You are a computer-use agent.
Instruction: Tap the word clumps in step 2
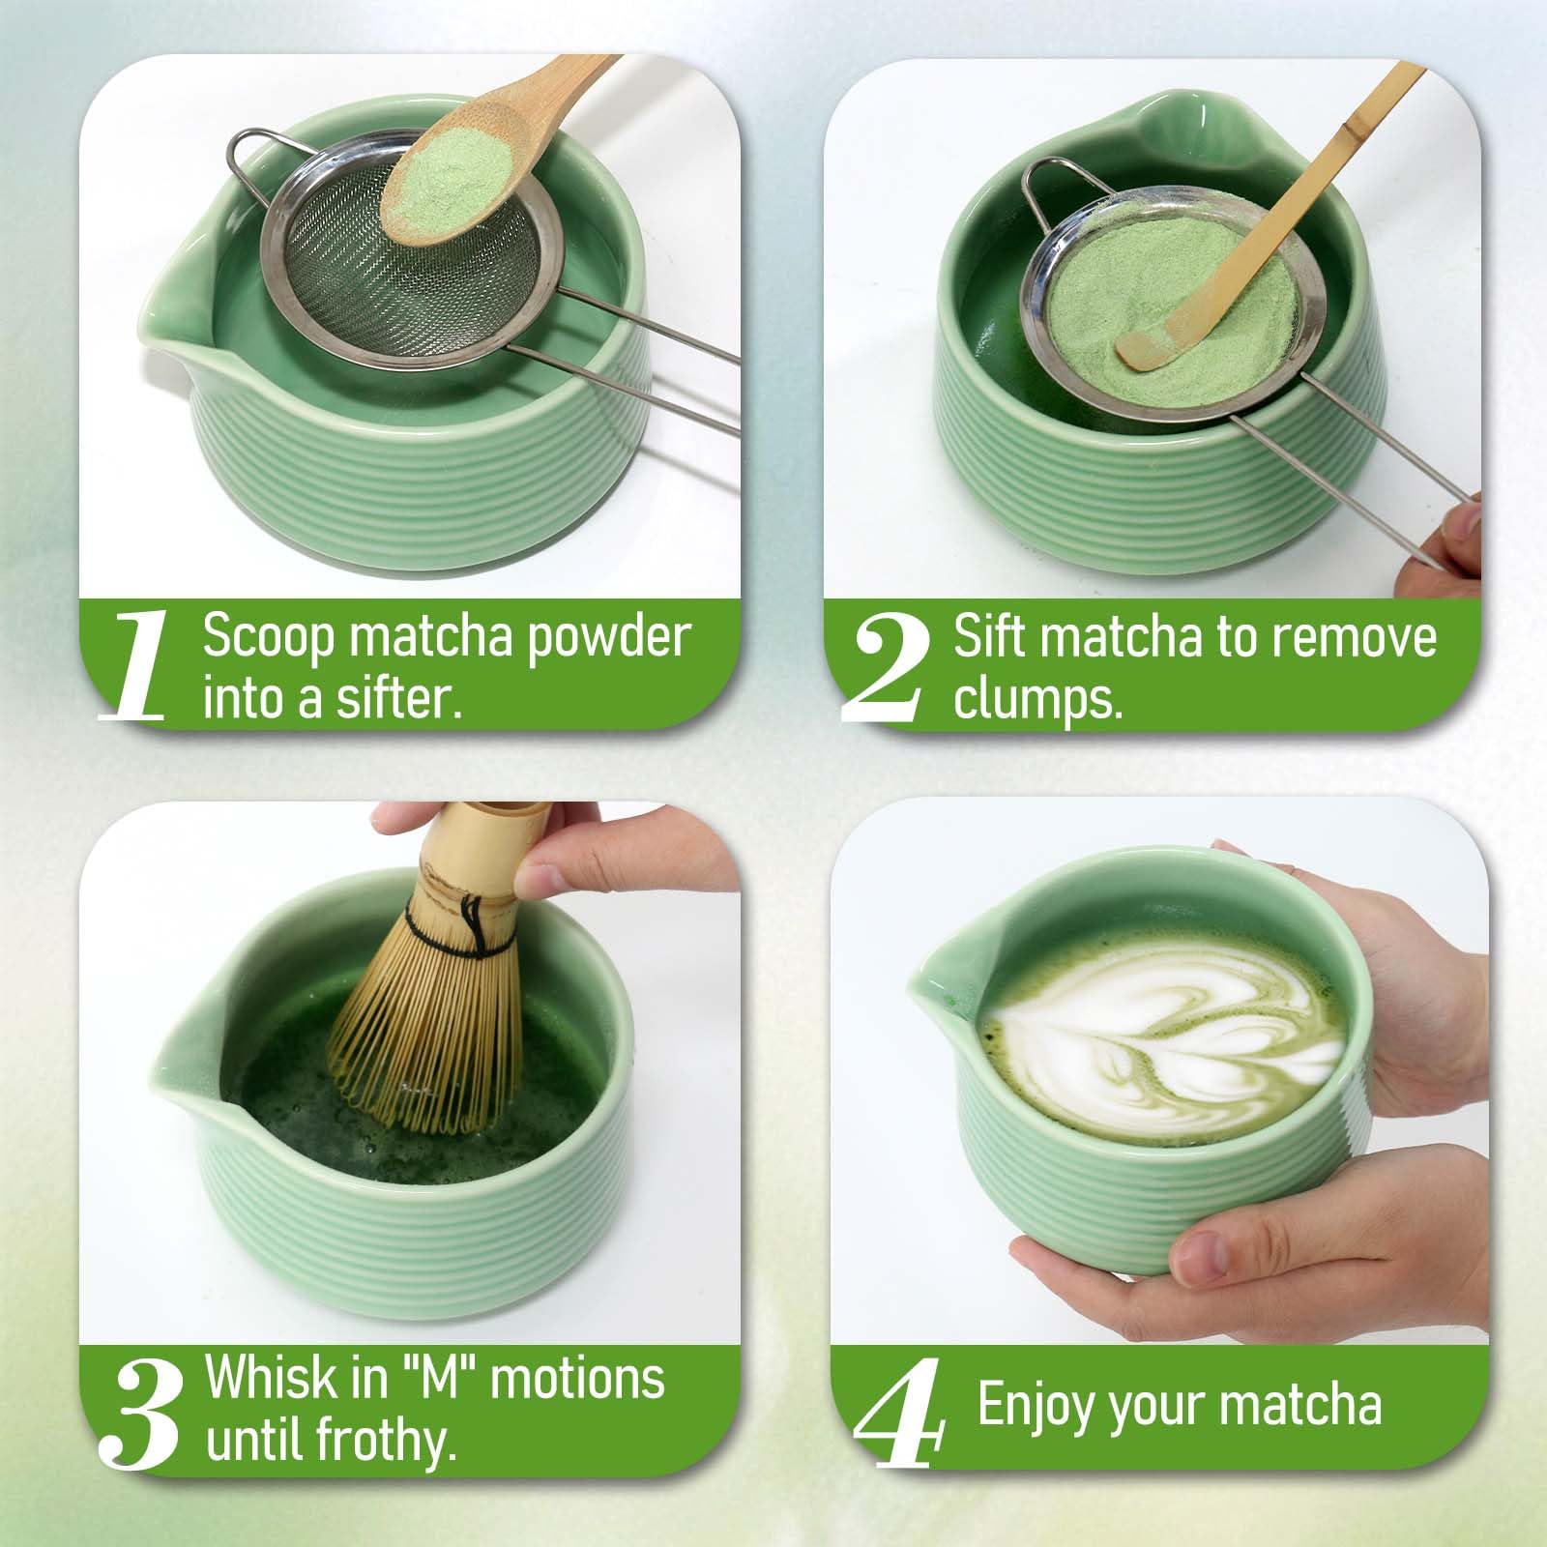(1037, 698)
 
